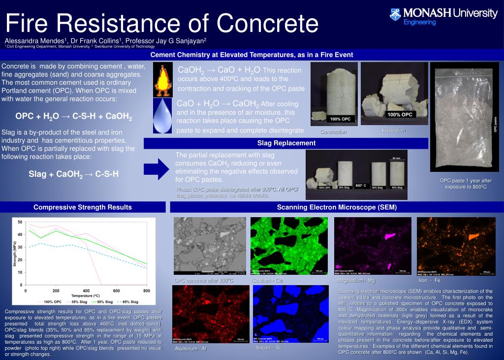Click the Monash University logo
click(443, 15)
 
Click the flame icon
click(163, 80)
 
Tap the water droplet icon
click(163, 116)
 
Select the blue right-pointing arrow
click(159, 169)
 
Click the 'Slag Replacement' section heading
click(286, 143)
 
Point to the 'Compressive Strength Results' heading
click(82, 207)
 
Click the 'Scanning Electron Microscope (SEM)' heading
click(337, 207)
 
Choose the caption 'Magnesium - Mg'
click(355, 280)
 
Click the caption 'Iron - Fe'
click(429, 280)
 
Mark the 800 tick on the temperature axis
click(146, 291)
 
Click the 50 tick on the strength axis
click(20, 222)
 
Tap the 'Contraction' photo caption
click(333, 131)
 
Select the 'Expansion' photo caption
click(393, 131)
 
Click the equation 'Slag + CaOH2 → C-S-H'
click(73, 174)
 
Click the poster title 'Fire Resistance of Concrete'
click(162, 23)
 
